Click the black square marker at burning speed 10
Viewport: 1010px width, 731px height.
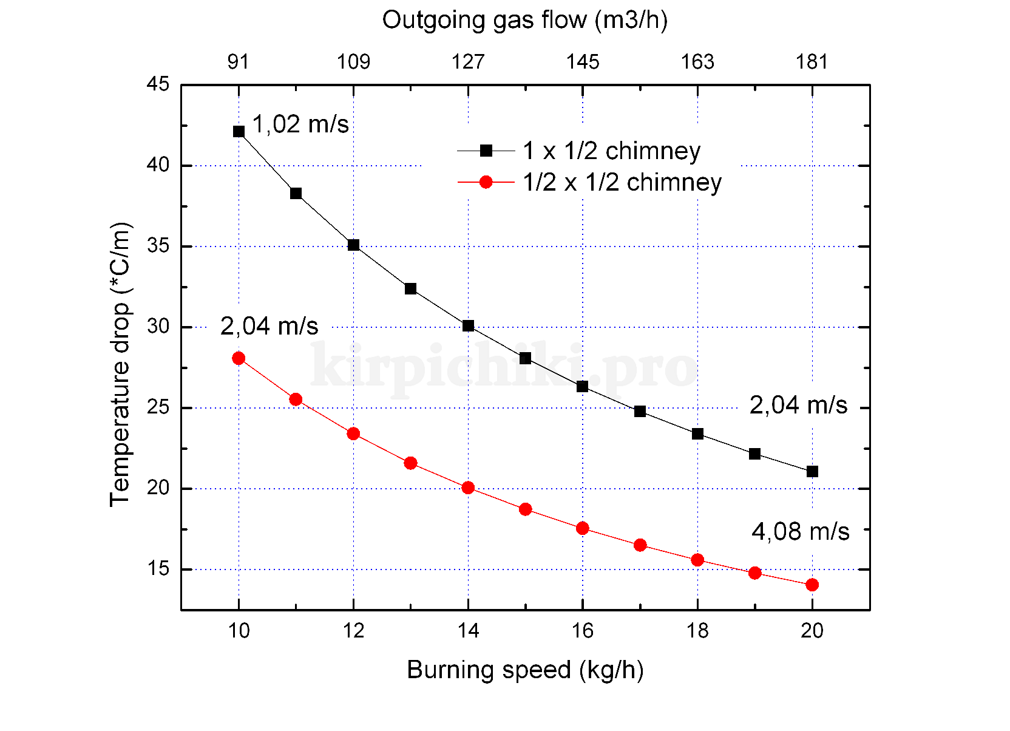click(x=239, y=131)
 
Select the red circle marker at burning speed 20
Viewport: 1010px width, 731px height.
click(x=812, y=585)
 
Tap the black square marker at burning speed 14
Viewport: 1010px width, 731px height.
click(x=468, y=325)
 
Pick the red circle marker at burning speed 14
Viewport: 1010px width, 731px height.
click(x=468, y=488)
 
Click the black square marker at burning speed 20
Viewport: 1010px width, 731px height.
click(x=812, y=471)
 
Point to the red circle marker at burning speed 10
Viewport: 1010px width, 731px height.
click(x=239, y=358)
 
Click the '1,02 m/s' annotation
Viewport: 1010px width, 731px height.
click(x=300, y=124)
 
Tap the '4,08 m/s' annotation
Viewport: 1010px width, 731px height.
click(x=800, y=531)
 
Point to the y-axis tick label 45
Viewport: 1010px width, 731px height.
click(x=158, y=84)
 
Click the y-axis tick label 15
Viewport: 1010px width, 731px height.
click(x=158, y=569)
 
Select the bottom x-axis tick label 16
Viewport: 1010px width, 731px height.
click(x=583, y=631)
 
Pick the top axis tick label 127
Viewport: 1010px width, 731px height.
click(x=468, y=61)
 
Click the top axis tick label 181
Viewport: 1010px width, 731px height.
click(x=812, y=61)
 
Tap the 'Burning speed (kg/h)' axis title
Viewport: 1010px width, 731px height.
click(x=525, y=670)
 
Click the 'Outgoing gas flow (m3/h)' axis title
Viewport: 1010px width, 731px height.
click(x=525, y=20)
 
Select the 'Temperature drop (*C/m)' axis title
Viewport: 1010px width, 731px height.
click(x=120, y=364)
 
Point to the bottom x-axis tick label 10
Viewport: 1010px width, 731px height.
click(x=239, y=631)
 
